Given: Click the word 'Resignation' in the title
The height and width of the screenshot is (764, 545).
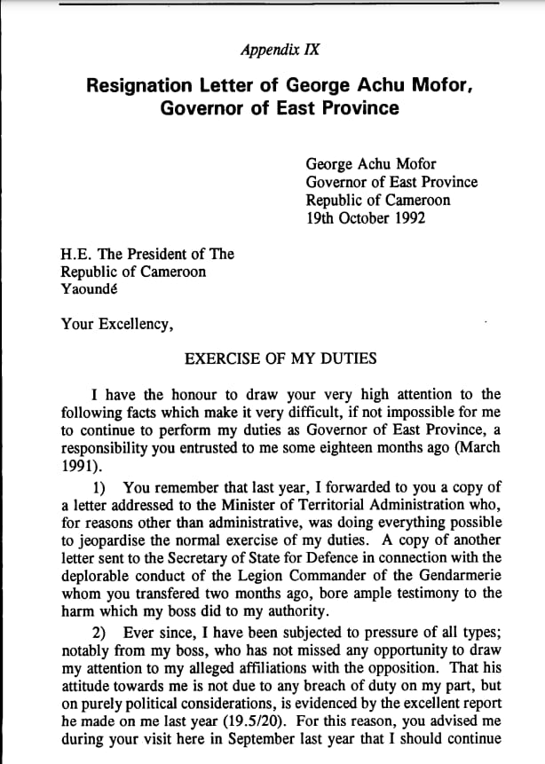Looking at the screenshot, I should [x=138, y=86].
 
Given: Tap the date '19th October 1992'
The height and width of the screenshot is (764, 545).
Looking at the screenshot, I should [x=365, y=217].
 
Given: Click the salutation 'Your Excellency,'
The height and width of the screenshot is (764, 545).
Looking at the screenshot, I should [x=116, y=324].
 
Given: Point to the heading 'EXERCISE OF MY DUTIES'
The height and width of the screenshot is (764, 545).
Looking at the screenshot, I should [x=280, y=359].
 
